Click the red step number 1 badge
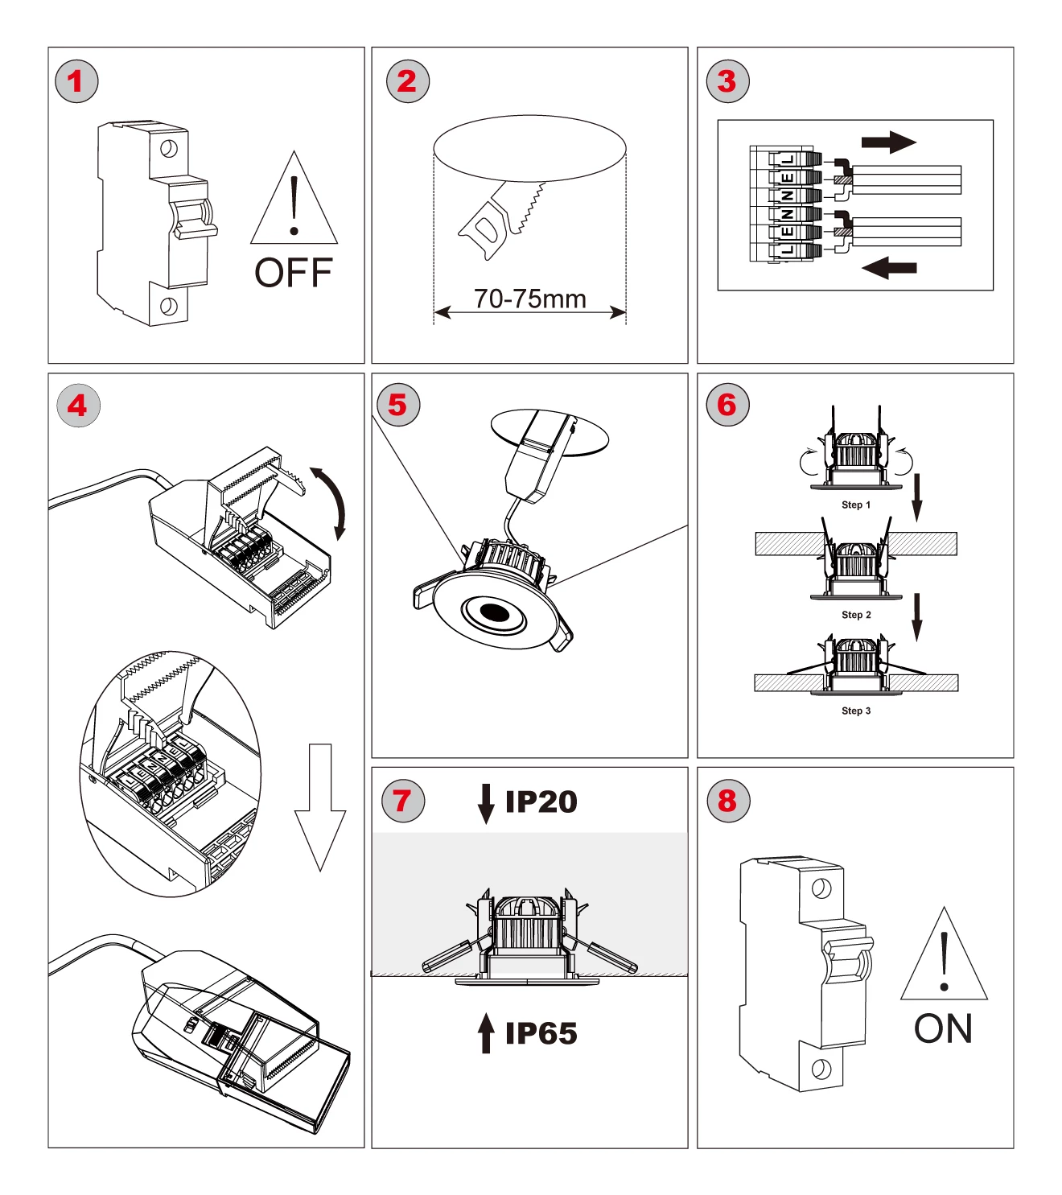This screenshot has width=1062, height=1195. pyautogui.click(x=76, y=81)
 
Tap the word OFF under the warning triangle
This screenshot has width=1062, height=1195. pyautogui.click(x=294, y=273)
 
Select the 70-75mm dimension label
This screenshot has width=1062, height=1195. pyautogui.click(x=529, y=299)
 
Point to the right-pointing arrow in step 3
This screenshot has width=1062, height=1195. pyautogui.click(x=888, y=142)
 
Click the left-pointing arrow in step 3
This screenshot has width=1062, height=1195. pyautogui.click(x=889, y=267)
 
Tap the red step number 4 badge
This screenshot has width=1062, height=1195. pyautogui.click(x=78, y=405)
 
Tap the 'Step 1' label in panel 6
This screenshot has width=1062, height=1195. pyautogui.click(x=856, y=505)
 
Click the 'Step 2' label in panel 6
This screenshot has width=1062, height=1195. pyautogui.click(x=856, y=615)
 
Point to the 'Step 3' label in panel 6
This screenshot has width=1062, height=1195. pyautogui.click(x=856, y=711)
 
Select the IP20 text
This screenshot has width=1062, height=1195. pyautogui.click(x=541, y=801)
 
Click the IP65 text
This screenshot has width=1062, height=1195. pyautogui.click(x=541, y=1033)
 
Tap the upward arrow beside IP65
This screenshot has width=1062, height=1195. pyautogui.click(x=486, y=1032)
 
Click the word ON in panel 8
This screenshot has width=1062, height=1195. pyautogui.click(x=943, y=1028)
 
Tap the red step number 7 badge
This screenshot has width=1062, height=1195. pyautogui.click(x=403, y=801)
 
